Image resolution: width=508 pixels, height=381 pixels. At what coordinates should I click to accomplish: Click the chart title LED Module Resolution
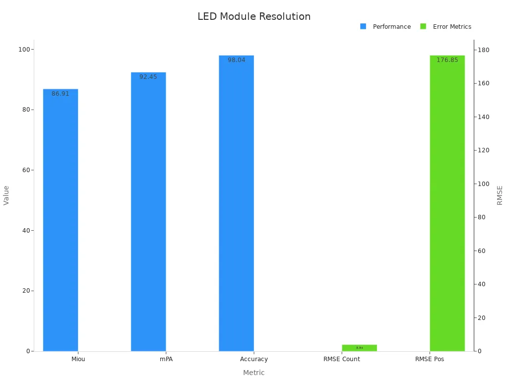pyautogui.click(x=254, y=16)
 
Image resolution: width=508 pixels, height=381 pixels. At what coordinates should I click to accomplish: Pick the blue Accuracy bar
pyautogui.click(x=236, y=203)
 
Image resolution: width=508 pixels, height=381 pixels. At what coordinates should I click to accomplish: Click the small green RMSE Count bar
pyautogui.click(x=359, y=348)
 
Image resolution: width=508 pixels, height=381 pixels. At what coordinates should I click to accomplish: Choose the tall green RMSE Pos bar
pyautogui.click(x=447, y=203)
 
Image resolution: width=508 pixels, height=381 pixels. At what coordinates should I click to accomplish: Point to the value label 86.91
pyautogui.click(x=61, y=94)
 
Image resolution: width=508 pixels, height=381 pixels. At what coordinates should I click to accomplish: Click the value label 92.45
pyautogui.click(x=148, y=77)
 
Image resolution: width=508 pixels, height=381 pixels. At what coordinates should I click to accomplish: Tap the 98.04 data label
pyautogui.click(x=236, y=60)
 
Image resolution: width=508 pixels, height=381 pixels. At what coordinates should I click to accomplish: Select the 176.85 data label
pyautogui.click(x=447, y=60)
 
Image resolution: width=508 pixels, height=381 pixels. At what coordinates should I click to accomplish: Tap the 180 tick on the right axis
pyautogui.click(x=484, y=50)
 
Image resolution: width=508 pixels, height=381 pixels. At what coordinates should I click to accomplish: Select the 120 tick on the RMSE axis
pyautogui.click(x=484, y=150)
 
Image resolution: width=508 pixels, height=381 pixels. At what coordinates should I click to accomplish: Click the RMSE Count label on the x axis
pyautogui.click(x=342, y=359)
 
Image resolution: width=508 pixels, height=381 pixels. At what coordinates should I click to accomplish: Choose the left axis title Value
pyautogui.click(x=6, y=195)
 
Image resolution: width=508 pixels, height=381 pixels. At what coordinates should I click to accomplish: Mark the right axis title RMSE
pyautogui.click(x=500, y=195)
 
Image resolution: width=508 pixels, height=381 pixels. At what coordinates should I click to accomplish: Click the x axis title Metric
pyautogui.click(x=254, y=373)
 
